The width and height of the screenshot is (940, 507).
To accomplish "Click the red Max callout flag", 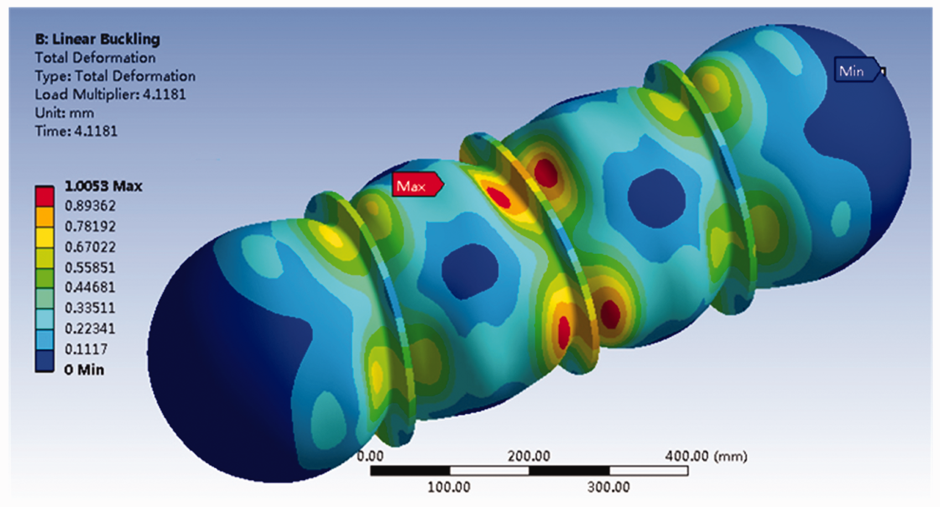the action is coord(417,185).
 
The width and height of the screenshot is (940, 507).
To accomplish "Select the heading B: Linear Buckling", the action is coord(97,39).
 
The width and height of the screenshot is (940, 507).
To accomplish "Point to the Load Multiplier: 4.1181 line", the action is coord(111,95).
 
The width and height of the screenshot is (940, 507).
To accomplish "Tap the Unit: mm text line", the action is coord(64,113).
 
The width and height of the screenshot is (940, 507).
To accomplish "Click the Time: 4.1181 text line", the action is coord(76,132).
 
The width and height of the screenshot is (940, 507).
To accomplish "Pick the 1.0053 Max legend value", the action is coord(103,186).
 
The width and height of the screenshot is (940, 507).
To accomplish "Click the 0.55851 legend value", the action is coord(90,268).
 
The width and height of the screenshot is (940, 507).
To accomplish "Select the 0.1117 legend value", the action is coord(86,349).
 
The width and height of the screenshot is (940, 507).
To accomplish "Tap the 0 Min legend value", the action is coord(84,370).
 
